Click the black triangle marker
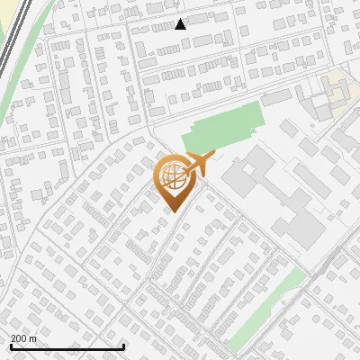click(x=181, y=24)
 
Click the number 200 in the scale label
click(x=19, y=338)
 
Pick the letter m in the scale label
click(x=33, y=338)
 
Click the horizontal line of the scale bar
click(x=67, y=346)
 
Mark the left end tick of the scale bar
click(x=11, y=345)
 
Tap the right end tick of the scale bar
click(x=123, y=345)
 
